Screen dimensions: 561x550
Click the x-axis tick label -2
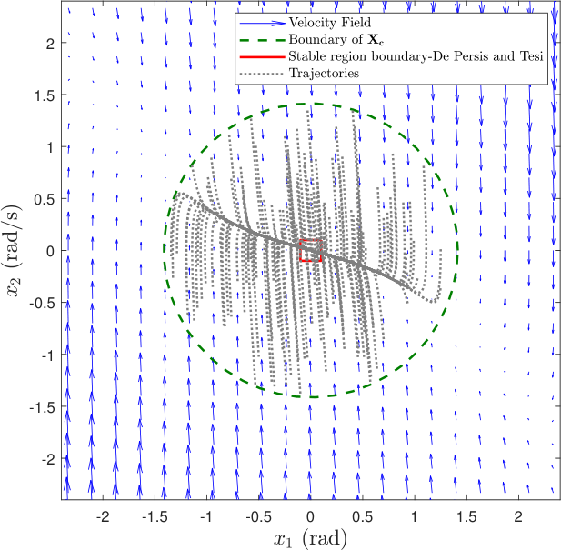point(103,516)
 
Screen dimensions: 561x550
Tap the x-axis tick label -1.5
point(155,516)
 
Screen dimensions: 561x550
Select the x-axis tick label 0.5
point(362,516)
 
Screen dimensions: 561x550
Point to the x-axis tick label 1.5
point(466,516)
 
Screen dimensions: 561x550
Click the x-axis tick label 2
point(518,516)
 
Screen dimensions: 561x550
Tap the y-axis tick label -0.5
point(42,303)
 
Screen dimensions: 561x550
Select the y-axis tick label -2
point(48,459)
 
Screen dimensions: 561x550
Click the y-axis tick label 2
point(51,44)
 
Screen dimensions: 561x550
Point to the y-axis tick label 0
point(50,251)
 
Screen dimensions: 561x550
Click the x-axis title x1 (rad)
point(310,538)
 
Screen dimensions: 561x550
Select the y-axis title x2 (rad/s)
point(14,251)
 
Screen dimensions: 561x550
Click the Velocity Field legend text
point(330,23)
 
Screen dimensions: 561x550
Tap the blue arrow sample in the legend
point(263,23)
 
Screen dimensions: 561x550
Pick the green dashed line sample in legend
point(263,40)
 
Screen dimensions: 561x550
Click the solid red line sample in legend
point(263,56)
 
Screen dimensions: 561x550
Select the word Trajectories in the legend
point(324,74)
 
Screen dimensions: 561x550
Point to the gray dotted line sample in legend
point(263,74)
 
